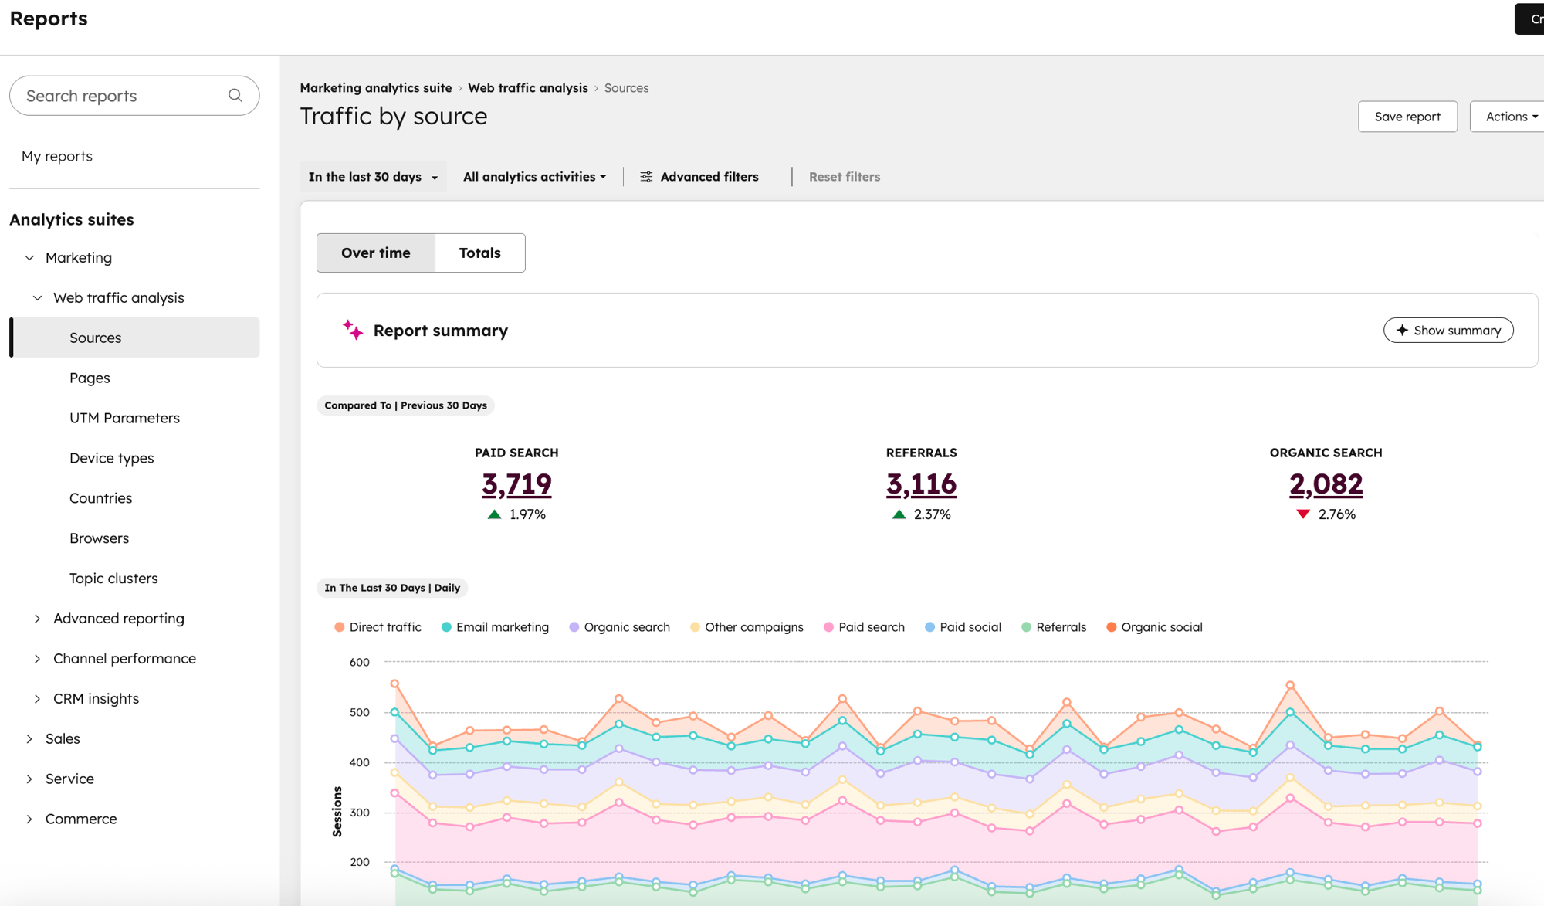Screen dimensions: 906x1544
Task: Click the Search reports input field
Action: click(x=124, y=96)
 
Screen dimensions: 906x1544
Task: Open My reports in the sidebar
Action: click(x=57, y=156)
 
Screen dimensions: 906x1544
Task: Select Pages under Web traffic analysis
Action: click(x=90, y=378)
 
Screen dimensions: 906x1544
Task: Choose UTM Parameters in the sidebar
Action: click(x=124, y=418)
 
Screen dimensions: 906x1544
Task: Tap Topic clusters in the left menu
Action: click(x=113, y=579)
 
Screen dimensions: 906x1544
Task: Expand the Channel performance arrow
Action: click(x=37, y=659)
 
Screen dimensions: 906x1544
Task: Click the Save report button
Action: click(x=1407, y=117)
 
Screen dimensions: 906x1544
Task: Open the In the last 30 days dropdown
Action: click(x=373, y=177)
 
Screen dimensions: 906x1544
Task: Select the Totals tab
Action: click(x=479, y=253)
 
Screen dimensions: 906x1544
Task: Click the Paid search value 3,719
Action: click(x=516, y=484)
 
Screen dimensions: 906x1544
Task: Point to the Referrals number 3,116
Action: click(x=921, y=484)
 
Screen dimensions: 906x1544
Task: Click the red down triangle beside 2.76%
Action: click(x=1303, y=514)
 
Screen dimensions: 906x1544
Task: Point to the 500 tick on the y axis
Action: click(x=359, y=712)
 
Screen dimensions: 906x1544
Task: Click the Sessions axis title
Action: click(x=337, y=811)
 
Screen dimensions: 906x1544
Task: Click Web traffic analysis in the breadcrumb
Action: click(x=527, y=88)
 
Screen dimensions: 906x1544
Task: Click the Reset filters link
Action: click(x=844, y=177)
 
